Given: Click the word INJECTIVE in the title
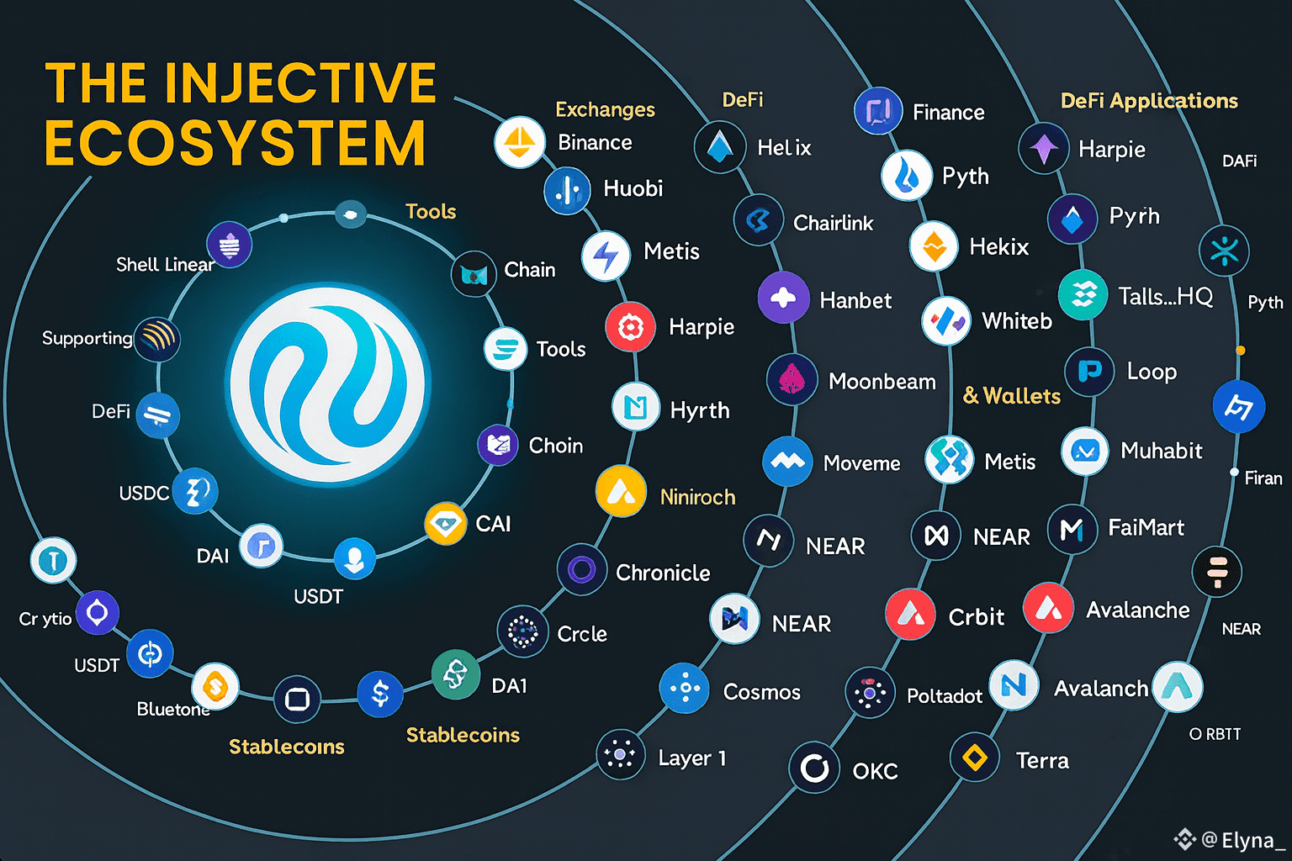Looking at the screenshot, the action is [300, 82].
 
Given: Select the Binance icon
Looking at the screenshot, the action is [519, 141].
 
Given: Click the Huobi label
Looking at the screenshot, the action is [633, 188].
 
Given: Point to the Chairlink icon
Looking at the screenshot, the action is [758, 220].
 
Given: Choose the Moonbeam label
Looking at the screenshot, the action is [882, 382].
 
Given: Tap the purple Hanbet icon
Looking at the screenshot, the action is [783, 298].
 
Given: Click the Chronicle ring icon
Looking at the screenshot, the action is [582, 570].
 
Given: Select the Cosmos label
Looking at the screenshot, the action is [761, 692].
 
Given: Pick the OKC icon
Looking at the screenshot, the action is [814, 768].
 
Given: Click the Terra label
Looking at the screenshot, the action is [1042, 761].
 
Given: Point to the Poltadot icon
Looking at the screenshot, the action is [870, 693].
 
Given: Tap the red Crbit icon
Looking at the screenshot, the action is [910, 614].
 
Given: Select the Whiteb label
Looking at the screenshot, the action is [1017, 321].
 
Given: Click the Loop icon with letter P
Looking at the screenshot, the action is [1090, 371].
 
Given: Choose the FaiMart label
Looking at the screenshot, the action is [1146, 528].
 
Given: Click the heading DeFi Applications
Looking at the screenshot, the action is [1149, 101].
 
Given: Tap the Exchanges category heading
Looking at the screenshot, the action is [605, 109].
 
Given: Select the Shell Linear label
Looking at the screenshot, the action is [165, 265].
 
